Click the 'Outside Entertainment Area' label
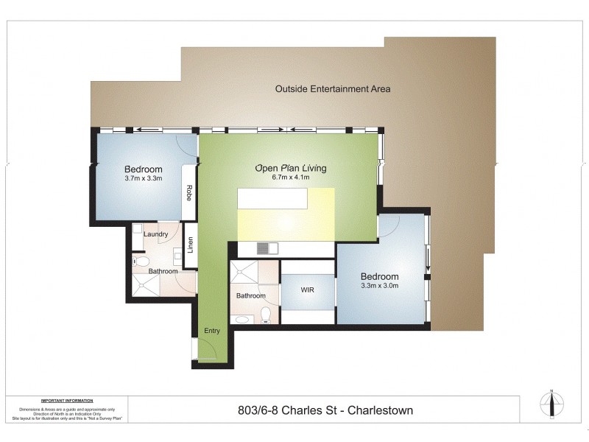coord(333,89)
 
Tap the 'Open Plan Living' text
coord(290,168)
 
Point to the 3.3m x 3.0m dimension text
coord(379,286)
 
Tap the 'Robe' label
coord(189,193)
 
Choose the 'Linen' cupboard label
coord(191,244)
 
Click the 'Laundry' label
coord(156,234)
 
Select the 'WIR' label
coord(308,290)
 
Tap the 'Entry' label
coord(212,331)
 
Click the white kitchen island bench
coord(272,200)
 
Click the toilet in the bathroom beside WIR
coord(267,315)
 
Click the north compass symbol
coord(551,403)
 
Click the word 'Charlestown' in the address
coord(381,410)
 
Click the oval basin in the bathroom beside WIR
coord(240,319)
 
